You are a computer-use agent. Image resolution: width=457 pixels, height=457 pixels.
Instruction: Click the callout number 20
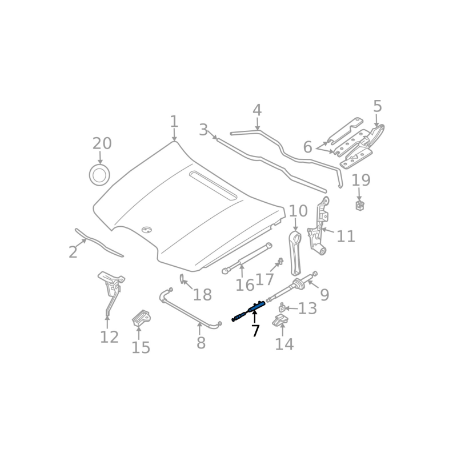click(x=102, y=143)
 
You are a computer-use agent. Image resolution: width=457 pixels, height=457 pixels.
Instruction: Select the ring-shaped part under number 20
click(x=99, y=175)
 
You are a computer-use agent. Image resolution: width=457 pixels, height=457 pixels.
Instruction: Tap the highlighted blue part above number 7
click(x=251, y=310)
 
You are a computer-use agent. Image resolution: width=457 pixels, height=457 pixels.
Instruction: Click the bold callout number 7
click(x=255, y=331)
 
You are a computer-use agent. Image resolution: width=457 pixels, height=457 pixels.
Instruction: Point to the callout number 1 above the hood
click(x=174, y=122)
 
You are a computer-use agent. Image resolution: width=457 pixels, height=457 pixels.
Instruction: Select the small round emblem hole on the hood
click(x=147, y=230)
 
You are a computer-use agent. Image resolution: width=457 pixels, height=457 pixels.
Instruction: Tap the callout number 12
click(x=109, y=337)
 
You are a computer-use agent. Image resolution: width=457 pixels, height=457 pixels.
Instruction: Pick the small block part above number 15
click(x=140, y=318)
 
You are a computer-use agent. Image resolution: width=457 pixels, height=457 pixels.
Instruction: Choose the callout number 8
click(x=201, y=343)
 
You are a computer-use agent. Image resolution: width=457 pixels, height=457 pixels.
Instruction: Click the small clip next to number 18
click(x=182, y=278)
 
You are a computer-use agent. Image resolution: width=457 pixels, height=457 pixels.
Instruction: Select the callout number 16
click(x=244, y=286)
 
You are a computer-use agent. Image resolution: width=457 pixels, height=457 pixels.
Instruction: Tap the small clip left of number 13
click(x=282, y=309)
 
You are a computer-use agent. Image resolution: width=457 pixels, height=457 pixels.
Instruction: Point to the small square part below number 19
click(x=360, y=205)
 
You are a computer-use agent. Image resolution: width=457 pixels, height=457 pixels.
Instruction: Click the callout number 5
click(x=377, y=106)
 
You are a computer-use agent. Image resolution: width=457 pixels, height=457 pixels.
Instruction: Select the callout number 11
click(x=346, y=236)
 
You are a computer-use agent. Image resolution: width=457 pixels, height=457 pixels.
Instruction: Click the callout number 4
click(x=257, y=110)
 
